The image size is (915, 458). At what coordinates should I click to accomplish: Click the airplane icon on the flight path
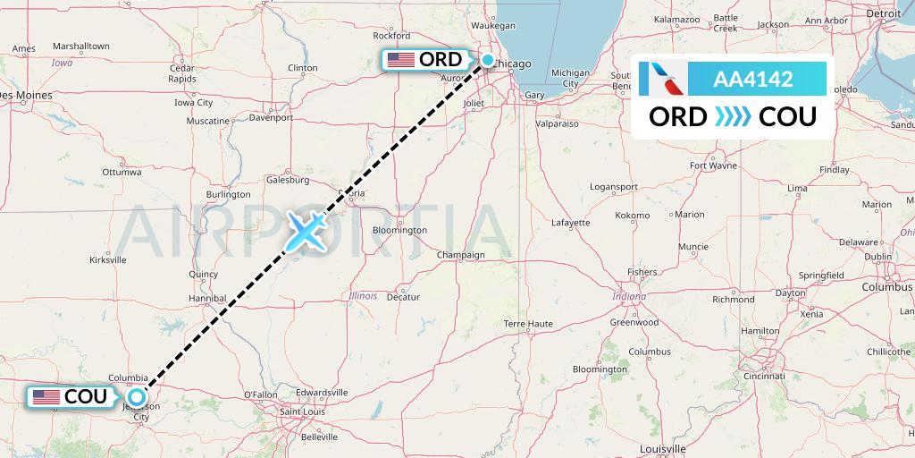[306, 231]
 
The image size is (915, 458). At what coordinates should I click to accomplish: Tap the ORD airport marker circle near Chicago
[488, 60]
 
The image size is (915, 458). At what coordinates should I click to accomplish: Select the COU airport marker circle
[137, 396]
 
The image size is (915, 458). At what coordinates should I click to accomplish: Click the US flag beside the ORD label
[401, 60]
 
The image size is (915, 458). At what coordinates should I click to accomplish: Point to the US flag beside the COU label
[46, 396]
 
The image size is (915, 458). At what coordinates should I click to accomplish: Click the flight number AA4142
[752, 80]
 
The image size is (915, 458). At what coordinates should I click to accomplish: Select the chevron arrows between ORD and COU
[733, 116]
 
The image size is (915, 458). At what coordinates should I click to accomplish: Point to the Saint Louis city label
[303, 411]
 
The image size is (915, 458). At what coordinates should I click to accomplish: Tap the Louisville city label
[662, 447]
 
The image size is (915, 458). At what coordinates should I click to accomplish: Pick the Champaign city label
[460, 255]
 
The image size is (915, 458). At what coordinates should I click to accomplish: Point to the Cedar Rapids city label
[181, 73]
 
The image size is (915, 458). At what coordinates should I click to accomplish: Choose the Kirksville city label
[108, 259]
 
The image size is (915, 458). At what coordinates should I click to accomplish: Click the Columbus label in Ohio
[886, 287]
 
